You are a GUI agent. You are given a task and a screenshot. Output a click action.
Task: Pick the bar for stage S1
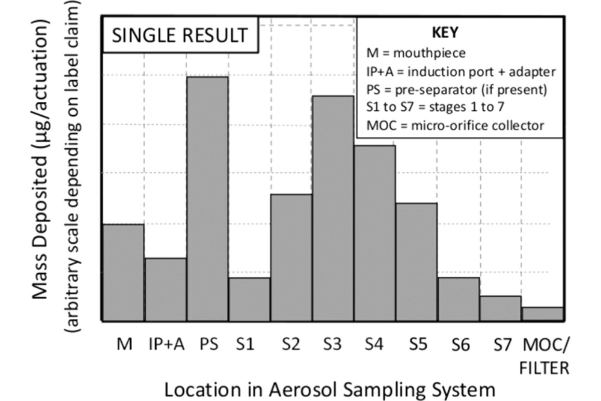(249, 299)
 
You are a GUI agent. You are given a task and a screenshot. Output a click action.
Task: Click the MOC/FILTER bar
(542, 314)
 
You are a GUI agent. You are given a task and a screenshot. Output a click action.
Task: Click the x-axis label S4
(375, 345)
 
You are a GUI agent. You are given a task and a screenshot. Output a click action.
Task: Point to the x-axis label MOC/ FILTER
(545, 356)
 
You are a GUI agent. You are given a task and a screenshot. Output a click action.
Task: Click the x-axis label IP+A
(167, 345)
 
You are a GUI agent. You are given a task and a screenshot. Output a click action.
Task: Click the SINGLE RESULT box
(180, 36)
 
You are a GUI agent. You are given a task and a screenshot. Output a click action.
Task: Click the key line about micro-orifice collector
(455, 125)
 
